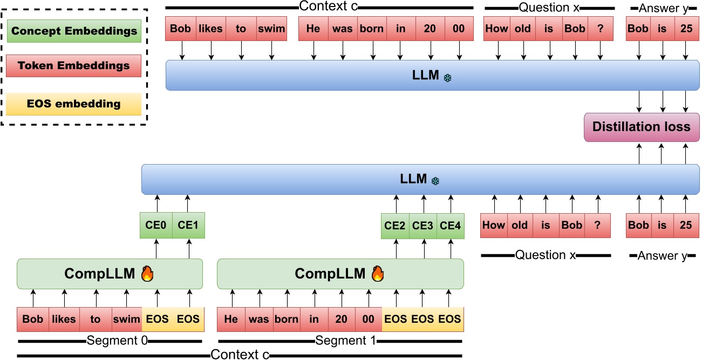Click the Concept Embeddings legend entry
[x=74, y=31]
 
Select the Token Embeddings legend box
[x=74, y=66]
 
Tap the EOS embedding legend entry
[x=74, y=104]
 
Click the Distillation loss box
[x=641, y=127]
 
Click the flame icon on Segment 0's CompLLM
[x=147, y=274]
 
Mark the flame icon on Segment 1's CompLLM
[x=378, y=274]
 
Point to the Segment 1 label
[x=340, y=341]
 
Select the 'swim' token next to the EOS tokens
[x=126, y=319]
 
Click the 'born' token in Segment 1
[x=286, y=319]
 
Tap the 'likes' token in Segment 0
[x=64, y=319]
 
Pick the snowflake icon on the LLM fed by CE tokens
[x=435, y=181]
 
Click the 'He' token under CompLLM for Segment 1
[x=231, y=319]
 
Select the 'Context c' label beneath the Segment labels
[x=240, y=355]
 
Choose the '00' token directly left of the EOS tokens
[x=368, y=319]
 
